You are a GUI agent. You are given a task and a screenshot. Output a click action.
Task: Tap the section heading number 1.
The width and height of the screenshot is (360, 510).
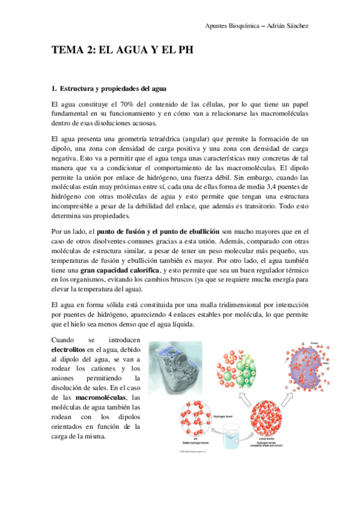click(x=55, y=89)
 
